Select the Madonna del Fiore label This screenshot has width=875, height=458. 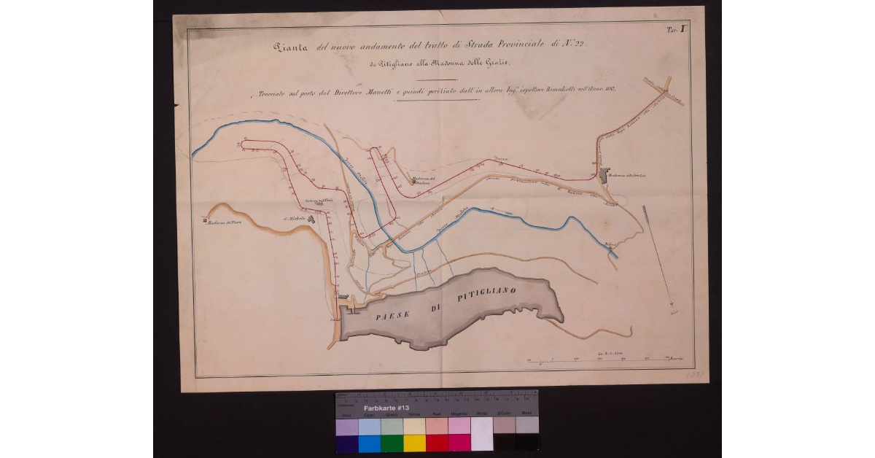point(225,223)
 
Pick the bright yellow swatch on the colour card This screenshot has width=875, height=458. point(415,443)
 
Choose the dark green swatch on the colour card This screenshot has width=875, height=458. point(392,443)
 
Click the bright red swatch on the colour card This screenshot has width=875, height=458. point(437,443)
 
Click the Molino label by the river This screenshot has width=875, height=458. point(610,244)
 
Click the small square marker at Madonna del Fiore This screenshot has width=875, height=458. point(205,218)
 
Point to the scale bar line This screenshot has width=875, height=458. point(598,359)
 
